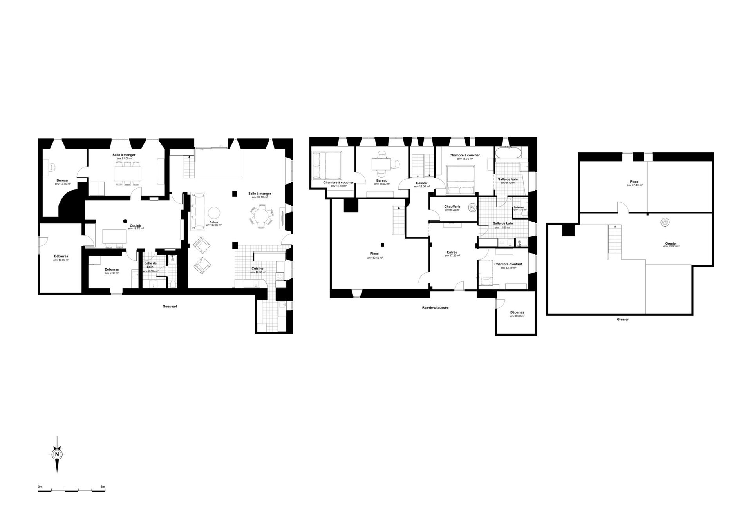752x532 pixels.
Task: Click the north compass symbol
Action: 57,454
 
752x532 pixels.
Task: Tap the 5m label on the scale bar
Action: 103,487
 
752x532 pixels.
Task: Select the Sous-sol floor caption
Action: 170,306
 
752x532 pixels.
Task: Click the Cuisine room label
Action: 257,269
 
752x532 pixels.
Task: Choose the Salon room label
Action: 214,222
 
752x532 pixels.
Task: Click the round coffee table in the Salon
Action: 214,212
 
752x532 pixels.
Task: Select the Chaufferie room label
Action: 452,207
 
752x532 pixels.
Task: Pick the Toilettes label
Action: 519,207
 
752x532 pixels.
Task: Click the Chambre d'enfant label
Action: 508,264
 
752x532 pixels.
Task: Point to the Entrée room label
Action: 452,252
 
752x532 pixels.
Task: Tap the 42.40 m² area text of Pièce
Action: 375,258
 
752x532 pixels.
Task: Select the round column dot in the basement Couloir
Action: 125,221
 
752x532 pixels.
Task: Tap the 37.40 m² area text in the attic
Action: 634,185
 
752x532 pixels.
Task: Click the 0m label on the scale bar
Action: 40,487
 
